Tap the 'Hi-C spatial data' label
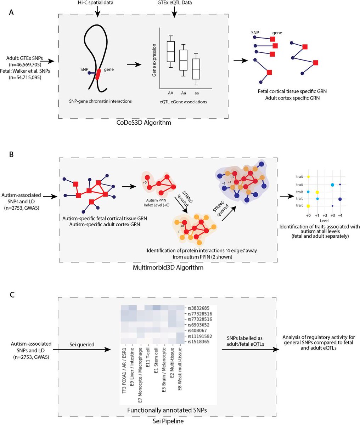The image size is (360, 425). coord(98,3)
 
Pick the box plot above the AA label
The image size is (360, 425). coord(171,52)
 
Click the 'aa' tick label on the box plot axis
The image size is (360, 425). coord(196,92)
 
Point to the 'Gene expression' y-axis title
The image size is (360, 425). coord(154,61)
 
